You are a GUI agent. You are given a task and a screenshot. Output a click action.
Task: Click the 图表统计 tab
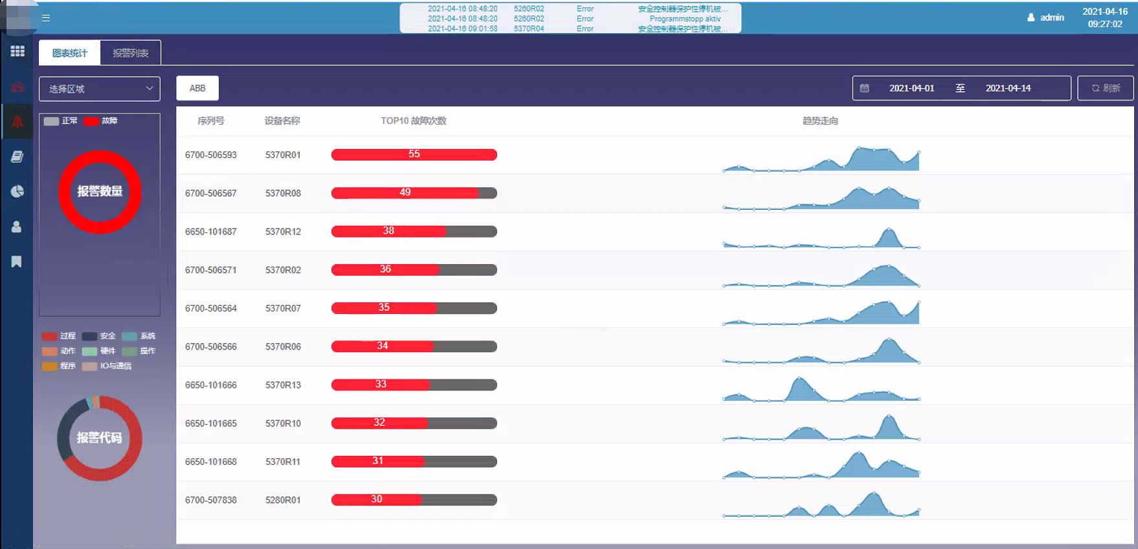click(x=69, y=53)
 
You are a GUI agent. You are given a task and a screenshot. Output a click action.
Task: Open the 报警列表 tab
click(x=131, y=53)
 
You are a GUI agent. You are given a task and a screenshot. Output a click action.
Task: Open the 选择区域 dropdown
click(x=100, y=89)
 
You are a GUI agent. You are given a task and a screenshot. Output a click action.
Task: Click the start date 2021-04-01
click(x=911, y=88)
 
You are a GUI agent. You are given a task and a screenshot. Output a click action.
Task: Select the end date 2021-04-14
click(x=1008, y=88)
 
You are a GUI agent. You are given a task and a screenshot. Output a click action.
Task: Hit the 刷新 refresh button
click(x=1105, y=88)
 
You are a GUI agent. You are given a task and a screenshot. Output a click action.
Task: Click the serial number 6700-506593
click(x=211, y=155)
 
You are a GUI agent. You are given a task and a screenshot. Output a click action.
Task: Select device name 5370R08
click(x=283, y=193)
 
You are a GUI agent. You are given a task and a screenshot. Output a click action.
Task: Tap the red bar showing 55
click(x=414, y=155)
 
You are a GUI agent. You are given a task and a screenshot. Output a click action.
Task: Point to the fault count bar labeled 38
click(x=388, y=231)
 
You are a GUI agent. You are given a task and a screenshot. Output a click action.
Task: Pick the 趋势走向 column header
click(x=820, y=121)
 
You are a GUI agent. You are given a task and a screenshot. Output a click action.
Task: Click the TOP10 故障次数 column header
click(x=414, y=121)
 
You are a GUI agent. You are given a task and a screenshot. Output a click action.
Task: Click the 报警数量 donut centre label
click(x=100, y=192)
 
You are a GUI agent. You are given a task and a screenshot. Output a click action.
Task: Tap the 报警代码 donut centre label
click(x=99, y=438)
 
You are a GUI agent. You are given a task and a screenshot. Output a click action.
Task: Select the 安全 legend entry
click(x=100, y=336)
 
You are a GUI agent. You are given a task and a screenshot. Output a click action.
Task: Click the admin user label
click(x=1051, y=17)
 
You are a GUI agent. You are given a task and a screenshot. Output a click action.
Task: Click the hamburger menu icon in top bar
click(x=46, y=18)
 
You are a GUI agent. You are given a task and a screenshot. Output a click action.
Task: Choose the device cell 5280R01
click(x=283, y=500)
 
